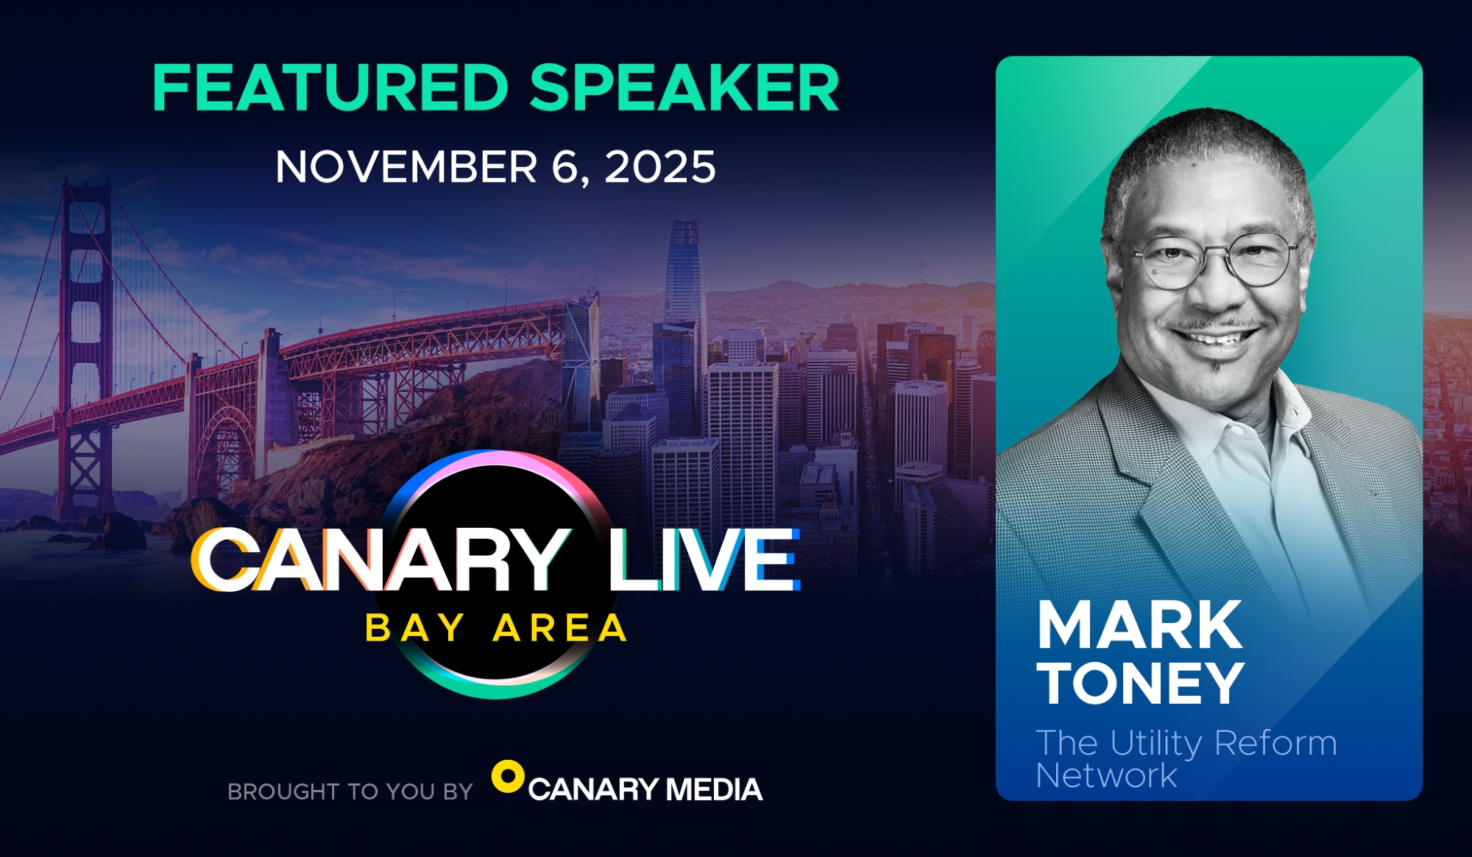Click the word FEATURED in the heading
[x=330, y=88]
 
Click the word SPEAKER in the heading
[x=684, y=88]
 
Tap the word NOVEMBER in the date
[x=406, y=166]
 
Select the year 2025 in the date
[x=660, y=166]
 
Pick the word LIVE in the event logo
[x=704, y=560]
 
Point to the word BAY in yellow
[x=415, y=628]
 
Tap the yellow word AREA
[x=560, y=628]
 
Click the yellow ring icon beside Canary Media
[x=508, y=777]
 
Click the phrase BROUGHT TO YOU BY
[x=350, y=791]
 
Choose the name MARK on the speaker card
[x=1140, y=625]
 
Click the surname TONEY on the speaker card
[x=1141, y=683]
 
